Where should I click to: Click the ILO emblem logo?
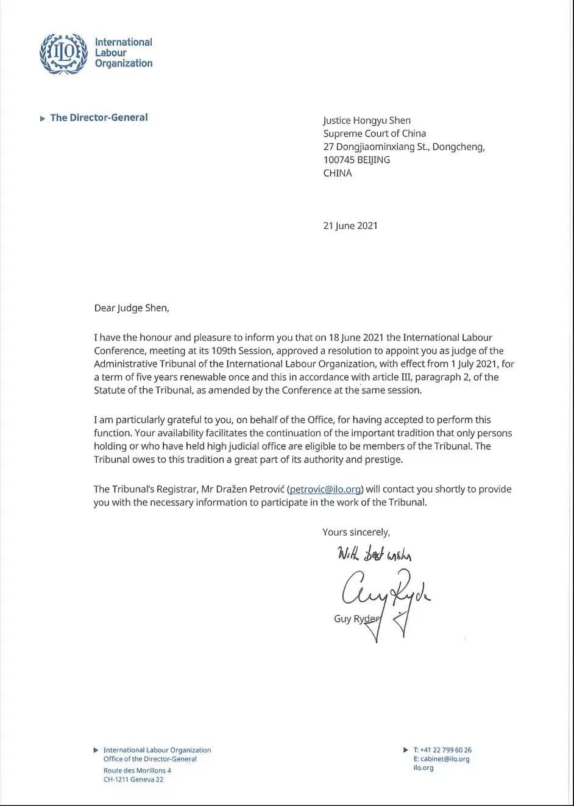point(63,54)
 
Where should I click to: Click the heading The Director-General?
point(99,118)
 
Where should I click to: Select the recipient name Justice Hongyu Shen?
point(367,121)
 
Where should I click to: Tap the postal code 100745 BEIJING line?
point(356,160)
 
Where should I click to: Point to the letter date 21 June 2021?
point(350,225)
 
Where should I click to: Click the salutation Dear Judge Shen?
point(132,308)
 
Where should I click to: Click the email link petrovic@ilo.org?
point(325,489)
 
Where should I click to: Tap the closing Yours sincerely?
point(356,532)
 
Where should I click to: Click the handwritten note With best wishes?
point(375,554)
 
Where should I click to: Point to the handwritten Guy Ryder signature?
point(384,594)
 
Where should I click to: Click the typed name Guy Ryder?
point(356,619)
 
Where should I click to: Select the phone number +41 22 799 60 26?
point(446,750)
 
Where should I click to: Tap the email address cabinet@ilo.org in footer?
point(445,759)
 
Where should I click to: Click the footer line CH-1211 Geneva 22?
point(133,779)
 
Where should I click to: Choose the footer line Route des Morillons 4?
point(137,771)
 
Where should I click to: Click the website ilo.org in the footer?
point(423,768)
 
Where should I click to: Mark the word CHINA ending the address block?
point(338,173)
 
